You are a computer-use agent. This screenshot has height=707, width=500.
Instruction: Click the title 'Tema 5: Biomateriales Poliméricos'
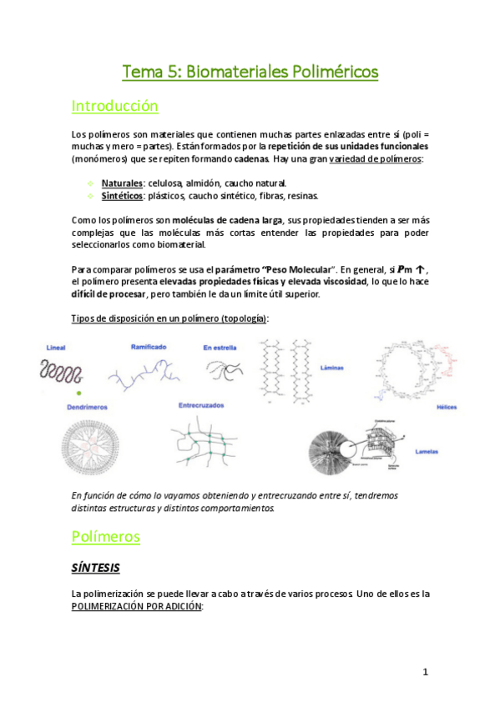[x=250, y=73]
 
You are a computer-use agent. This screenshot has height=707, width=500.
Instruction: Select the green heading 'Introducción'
[x=114, y=106]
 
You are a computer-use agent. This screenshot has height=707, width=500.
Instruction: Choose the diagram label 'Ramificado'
[x=149, y=345]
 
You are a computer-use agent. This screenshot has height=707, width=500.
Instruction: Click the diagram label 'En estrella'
[x=220, y=347]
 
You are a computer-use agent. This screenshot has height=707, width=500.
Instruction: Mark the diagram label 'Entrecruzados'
[x=203, y=406]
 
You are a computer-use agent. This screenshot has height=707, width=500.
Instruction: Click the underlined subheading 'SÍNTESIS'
[x=95, y=568]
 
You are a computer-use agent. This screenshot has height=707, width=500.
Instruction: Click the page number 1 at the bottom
[x=425, y=672]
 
